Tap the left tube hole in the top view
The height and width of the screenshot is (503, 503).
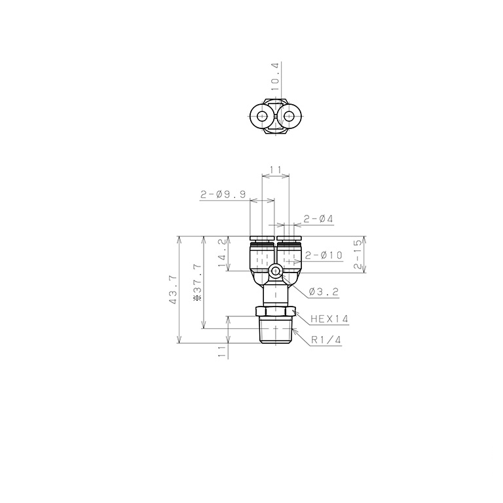coord(263,118)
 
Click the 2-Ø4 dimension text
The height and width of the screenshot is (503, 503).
coord(319,219)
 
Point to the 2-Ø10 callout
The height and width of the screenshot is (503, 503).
coord(324,255)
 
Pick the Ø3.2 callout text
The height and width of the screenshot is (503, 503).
coord(323,291)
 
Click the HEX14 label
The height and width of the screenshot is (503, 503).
coord(329,320)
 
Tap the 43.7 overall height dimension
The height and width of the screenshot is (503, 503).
coord(173,290)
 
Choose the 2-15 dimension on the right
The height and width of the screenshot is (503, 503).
coord(357,255)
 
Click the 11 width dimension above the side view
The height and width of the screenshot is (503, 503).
coord(276,170)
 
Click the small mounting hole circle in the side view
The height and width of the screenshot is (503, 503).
coord(276,270)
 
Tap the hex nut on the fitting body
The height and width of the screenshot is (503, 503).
coord(276,311)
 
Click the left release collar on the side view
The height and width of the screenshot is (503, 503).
coord(263,238)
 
